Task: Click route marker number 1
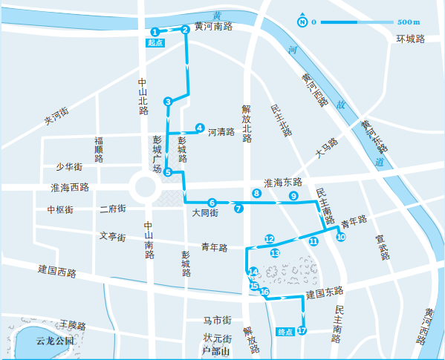(155, 31)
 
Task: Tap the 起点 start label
(155, 44)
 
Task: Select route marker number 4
(200, 128)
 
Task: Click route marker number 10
(341, 238)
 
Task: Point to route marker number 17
(302, 330)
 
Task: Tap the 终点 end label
(285, 331)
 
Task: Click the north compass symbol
(302, 22)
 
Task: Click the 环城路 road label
(409, 39)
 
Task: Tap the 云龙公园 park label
(56, 341)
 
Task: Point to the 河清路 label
(221, 132)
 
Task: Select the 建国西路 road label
(57, 272)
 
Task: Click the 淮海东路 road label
(283, 182)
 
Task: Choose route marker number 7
(238, 209)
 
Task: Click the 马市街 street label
(218, 320)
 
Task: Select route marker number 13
(275, 253)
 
